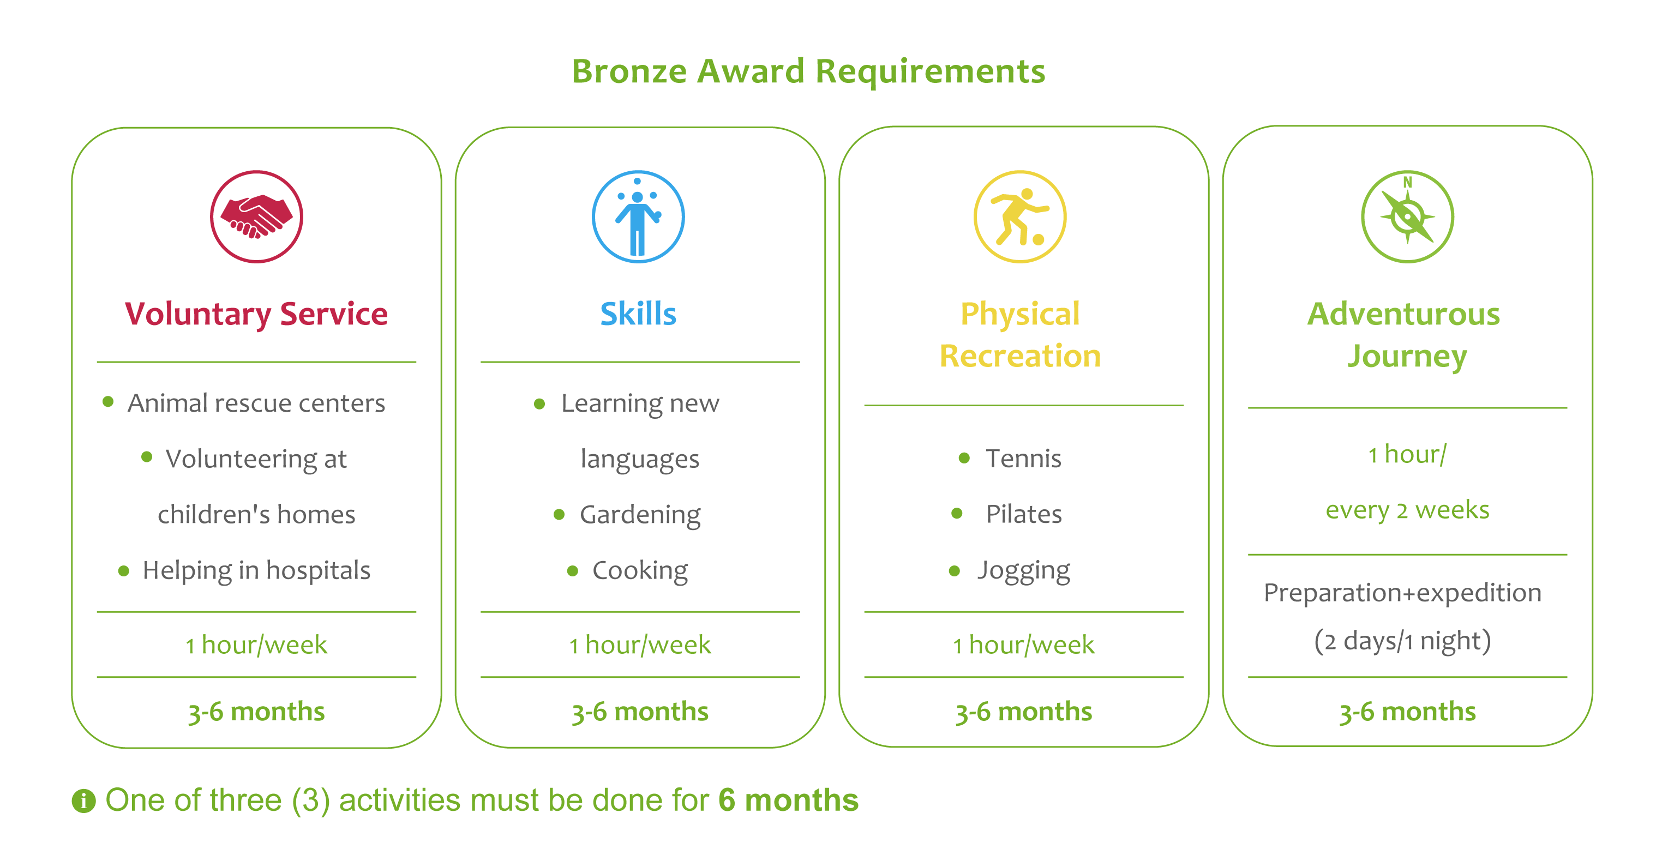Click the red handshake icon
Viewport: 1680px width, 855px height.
click(x=256, y=216)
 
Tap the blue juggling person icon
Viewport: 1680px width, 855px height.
click(x=638, y=216)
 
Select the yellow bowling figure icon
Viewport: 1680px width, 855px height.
click(x=1020, y=216)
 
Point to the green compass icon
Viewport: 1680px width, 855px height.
click(x=1407, y=216)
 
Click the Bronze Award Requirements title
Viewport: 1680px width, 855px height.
click(x=808, y=71)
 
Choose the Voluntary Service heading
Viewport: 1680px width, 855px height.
click(x=256, y=314)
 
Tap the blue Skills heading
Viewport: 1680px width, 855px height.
click(x=638, y=314)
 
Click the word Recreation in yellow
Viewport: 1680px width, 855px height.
click(x=1020, y=356)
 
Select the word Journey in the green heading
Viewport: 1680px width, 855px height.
click(x=1407, y=357)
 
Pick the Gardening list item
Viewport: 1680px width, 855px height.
click(x=640, y=515)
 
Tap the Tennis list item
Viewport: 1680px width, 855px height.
click(x=1023, y=459)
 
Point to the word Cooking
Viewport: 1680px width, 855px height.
click(x=640, y=571)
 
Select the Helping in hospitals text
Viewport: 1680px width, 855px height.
click(x=256, y=571)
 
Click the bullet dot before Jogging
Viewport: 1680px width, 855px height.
click(x=954, y=571)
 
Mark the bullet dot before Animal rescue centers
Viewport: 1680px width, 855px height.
click(x=108, y=402)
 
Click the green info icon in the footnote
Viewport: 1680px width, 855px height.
click(x=83, y=801)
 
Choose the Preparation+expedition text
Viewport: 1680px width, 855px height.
click(x=1402, y=593)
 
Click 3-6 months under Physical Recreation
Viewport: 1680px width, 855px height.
click(x=1023, y=712)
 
